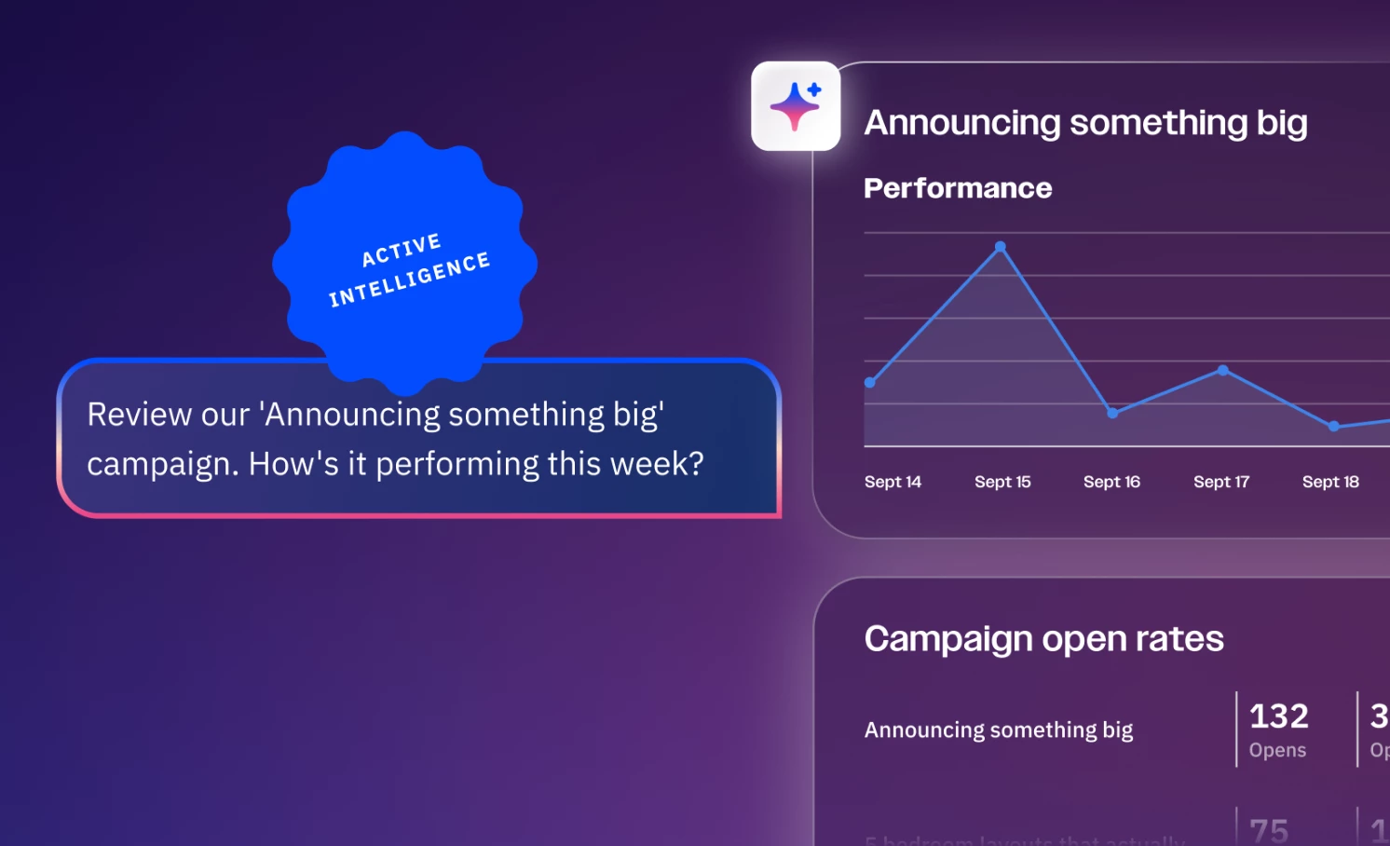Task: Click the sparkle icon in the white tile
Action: coord(795,106)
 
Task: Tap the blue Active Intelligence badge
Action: coord(405,264)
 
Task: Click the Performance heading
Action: coord(958,188)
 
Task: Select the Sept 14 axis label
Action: coord(893,482)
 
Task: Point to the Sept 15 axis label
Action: coord(1002,482)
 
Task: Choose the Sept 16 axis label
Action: coord(1111,482)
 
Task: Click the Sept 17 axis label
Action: coord(1220,482)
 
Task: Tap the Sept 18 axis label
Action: coord(1330,482)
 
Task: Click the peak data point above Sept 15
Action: coord(1001,247)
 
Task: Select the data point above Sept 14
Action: coord(870,383)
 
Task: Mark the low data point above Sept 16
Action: coord(1112,413)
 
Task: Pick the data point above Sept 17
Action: coord(1223,371)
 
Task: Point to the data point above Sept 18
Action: coord(1334,426)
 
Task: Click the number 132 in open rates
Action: coord(1278,716)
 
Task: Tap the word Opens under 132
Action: coord(1277,750)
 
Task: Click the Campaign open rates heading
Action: coord(1043,639)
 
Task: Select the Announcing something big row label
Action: coord(999,730)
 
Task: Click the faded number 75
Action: coord(1269,830)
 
